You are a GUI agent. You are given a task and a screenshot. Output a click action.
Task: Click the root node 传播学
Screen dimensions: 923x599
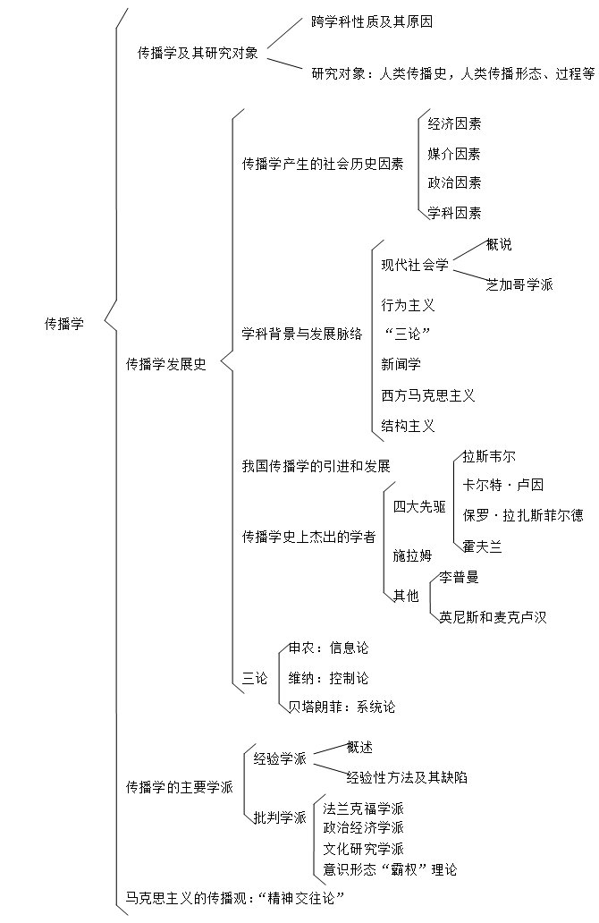(x=64, y=324)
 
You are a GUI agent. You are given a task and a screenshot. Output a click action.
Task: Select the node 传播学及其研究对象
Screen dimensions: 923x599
(x=198, y=53)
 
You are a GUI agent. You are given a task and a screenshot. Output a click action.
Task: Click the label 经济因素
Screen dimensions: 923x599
(x=454, y=123)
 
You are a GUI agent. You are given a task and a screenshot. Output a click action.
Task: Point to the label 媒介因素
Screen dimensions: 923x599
(x=454, y=154)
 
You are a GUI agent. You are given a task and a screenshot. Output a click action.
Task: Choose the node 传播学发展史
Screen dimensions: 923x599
(x=166, y=364)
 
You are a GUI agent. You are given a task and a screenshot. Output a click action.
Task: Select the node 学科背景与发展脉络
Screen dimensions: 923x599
(x=302, y=334)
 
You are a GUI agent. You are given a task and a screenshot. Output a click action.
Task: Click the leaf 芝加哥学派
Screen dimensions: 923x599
(x=519, y=284)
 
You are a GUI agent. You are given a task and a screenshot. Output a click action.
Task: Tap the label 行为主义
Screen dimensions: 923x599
(x=408, y=305)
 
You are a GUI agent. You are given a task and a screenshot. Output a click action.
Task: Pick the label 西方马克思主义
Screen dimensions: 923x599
(x=428, y=394)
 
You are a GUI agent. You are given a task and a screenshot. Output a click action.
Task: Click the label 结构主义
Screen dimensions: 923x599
(x=408, y=425)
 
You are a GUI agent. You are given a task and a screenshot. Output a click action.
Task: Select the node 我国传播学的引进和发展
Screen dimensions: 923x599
(x=316, y=466)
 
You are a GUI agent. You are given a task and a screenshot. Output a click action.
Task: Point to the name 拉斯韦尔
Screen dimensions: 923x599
(x=489, y=456)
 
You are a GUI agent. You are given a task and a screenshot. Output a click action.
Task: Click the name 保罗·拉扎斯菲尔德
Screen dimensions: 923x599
(x=523, y=514)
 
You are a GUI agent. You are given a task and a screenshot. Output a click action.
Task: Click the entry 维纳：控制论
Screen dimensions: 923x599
(x=328, y=678)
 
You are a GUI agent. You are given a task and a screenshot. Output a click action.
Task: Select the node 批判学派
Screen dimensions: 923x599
(x=280, y=817)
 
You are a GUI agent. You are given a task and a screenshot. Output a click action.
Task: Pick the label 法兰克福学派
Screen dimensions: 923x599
(x=364, y=808)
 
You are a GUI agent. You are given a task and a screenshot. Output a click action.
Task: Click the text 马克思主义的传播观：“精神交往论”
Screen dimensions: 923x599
(x=235, y=896)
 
